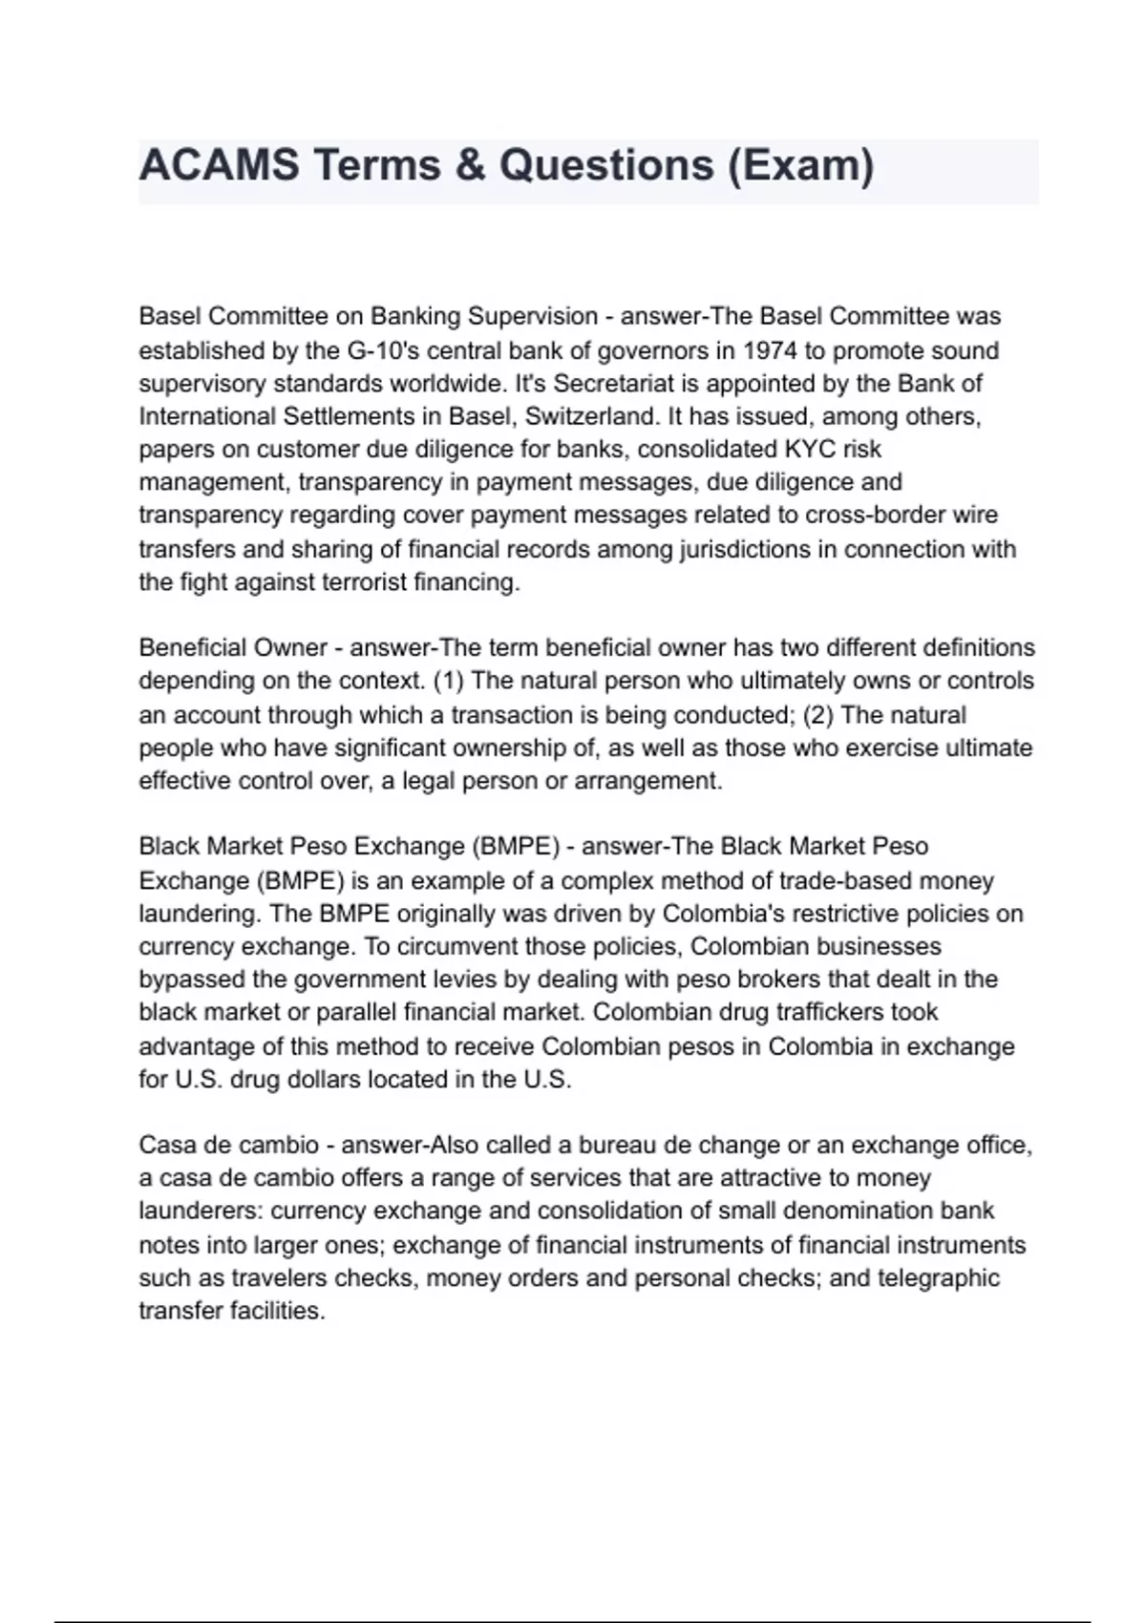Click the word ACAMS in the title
(x=219, y=165)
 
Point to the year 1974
(x=770, y=350)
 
